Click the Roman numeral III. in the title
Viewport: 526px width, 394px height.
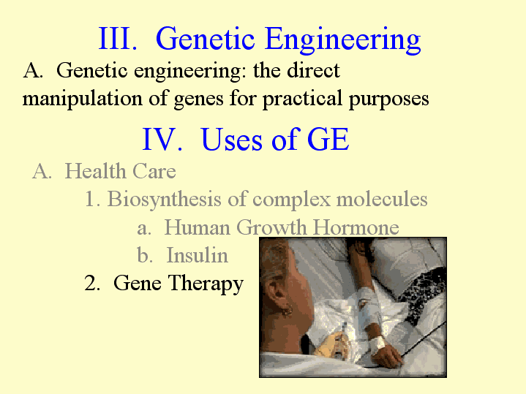click(x=118, y=38)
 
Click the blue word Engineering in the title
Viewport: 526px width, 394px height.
click(x=342, y=40)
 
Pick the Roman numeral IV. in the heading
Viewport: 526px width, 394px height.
click(x=162, y=139)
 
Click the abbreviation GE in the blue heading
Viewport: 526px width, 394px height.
click(x=328, y=139)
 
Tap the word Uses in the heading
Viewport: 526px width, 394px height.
click(x=232, y=139)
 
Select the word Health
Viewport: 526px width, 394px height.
click(x=95, y=171)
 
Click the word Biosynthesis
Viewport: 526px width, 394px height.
click(x=164, y=200)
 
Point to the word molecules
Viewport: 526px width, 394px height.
click(x=382, y=199)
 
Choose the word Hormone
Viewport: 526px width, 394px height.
click(x=356, y=227)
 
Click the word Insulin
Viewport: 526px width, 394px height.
click(x=198, y=255)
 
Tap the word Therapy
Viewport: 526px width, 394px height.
click(x=206, y=284)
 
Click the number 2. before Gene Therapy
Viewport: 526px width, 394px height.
click(x=92, y=283)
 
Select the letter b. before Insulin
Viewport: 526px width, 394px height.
click(x=145, y=255)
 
